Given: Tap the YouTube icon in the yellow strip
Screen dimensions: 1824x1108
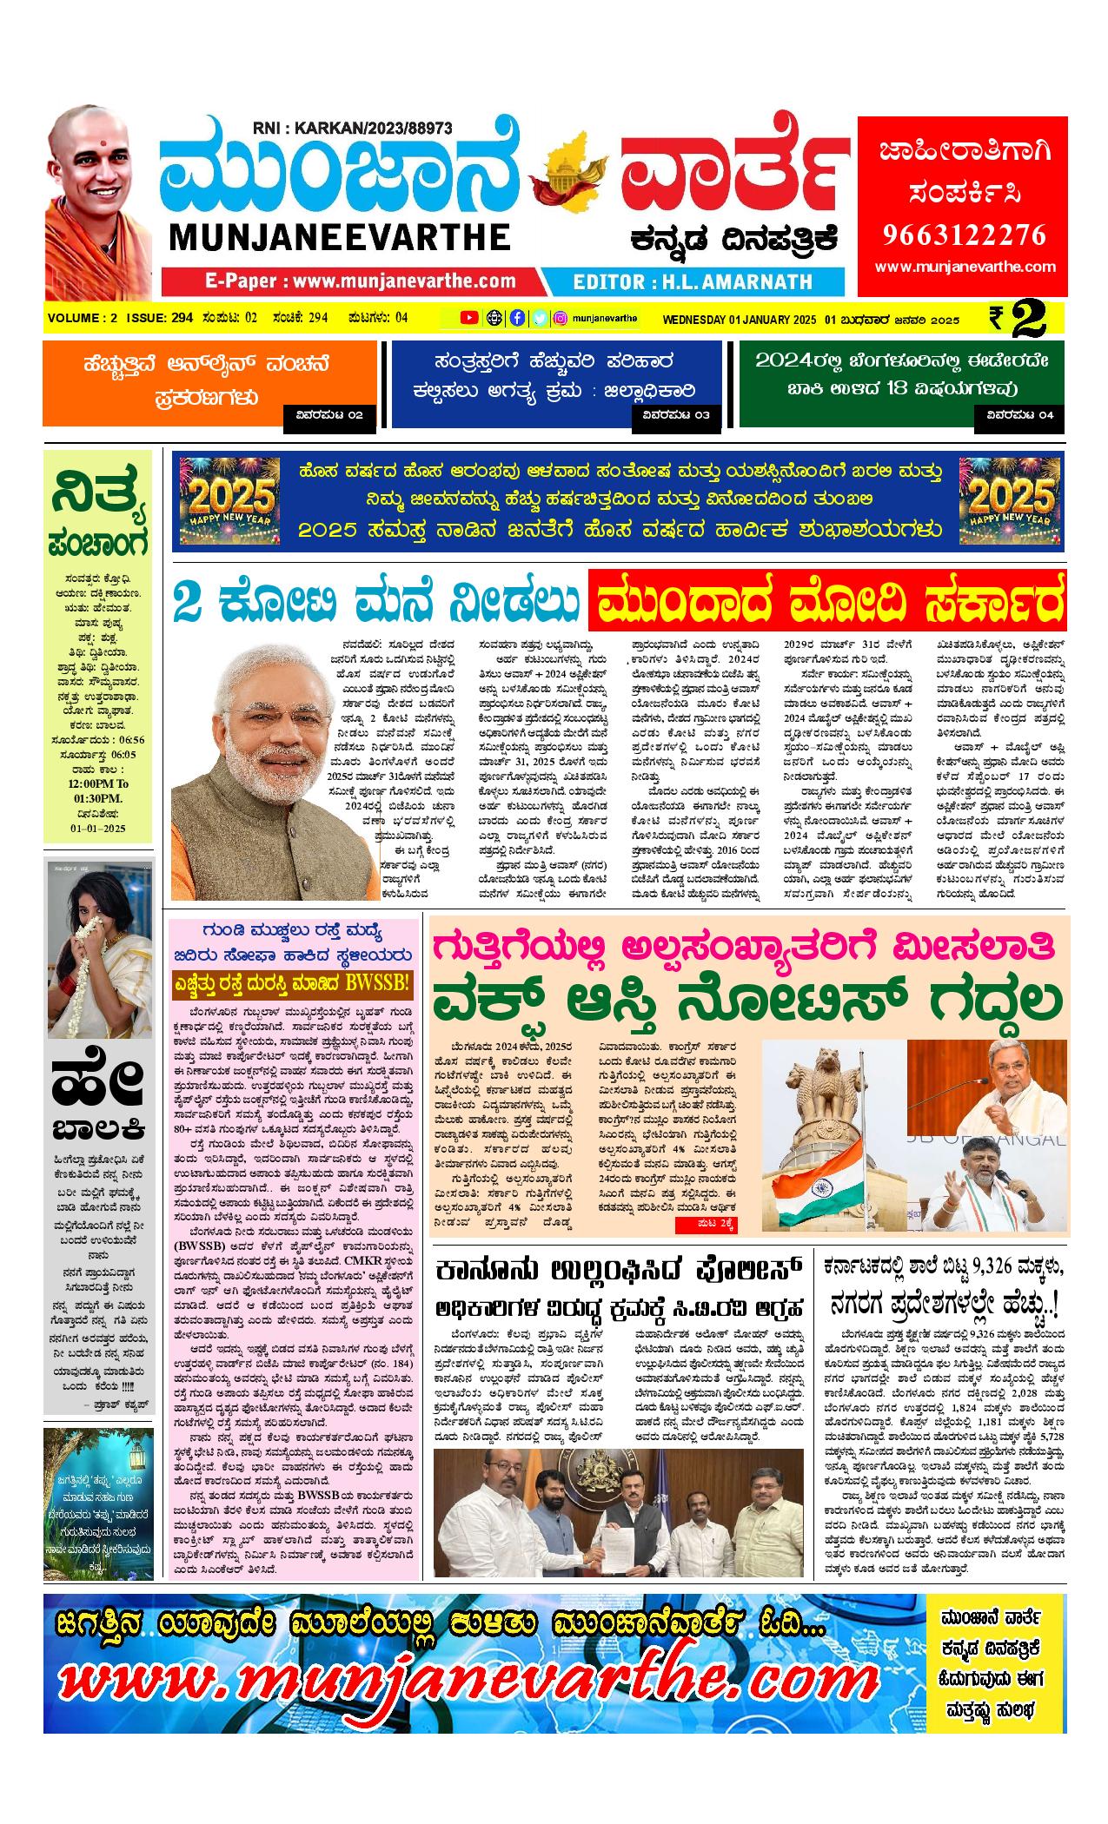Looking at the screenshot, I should click(469, 318).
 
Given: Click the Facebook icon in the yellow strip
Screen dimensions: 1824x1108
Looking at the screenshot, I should click(517, 318).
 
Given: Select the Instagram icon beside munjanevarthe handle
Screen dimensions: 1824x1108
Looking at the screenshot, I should click(561, 318).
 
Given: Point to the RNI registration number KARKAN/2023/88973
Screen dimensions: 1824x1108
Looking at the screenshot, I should click(353, 129).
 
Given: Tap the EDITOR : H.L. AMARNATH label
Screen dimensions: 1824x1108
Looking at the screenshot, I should click(693, 281).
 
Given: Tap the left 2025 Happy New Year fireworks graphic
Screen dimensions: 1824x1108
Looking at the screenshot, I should click(229, 501).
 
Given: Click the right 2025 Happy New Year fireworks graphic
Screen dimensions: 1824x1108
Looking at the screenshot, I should click(1009, 501).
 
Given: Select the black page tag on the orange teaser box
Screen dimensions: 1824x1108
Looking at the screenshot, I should click(330, 415).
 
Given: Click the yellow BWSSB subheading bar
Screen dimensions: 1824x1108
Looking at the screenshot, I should click(291, 984).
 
